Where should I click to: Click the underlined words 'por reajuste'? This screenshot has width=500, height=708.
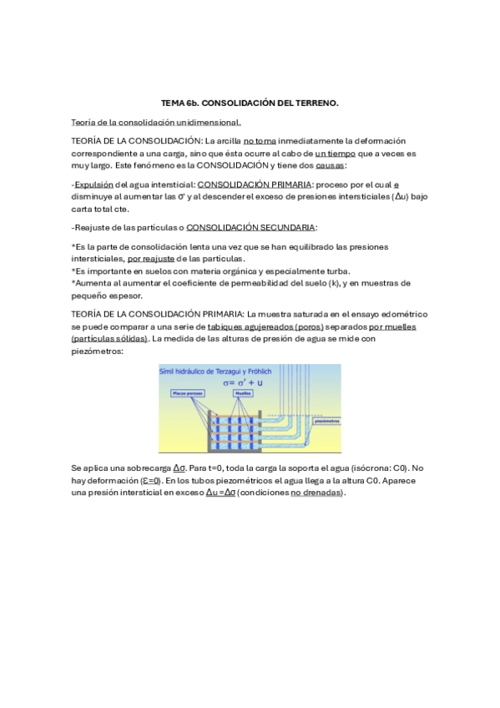[151, 259]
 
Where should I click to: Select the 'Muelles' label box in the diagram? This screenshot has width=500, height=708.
[244, 392]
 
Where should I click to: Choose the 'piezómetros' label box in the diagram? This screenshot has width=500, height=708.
[326, 421]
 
